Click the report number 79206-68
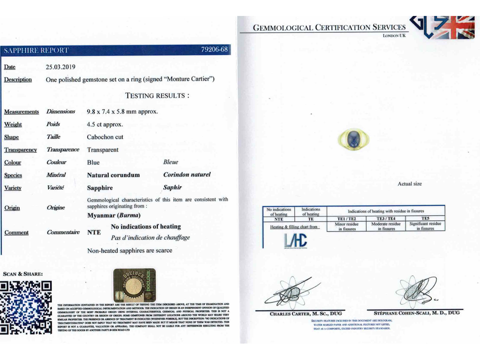pos(214,50)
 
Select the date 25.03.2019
pos(60,67)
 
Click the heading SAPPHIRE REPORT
pos(36,50)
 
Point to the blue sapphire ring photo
pos(354,137)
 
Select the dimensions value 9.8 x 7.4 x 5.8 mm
pos(122,112)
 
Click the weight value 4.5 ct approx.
pos(105,124)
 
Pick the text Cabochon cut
pos(105,137)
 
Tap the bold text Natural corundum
pos(113,175)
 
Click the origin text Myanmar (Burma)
pos(113,216)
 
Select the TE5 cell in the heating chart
pos(425,218)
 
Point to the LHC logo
pos(295,240)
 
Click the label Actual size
pos(409,184)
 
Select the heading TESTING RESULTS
pos(157,96)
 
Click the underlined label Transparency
pos(20,150)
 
